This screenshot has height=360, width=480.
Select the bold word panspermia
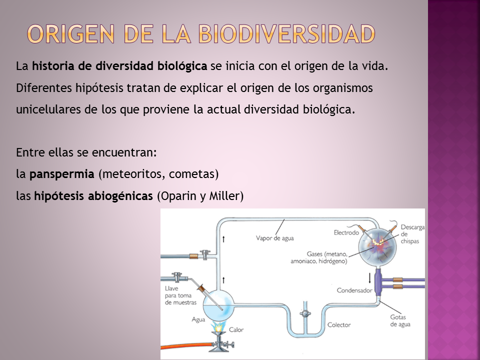[x=62, y=174]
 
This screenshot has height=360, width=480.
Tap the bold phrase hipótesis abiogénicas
[x=93, y=196]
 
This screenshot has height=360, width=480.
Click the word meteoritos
[x=133, y=174]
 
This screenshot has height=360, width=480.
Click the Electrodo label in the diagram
[x=346, y=232]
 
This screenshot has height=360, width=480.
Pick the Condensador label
[x=354, y=290]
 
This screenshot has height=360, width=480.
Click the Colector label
[x=338, y=325]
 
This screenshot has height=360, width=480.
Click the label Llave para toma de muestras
[x=180, y=295]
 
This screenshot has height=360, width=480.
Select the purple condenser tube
[x=378, y=282]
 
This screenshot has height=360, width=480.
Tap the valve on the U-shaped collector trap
[x=303, y=313]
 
